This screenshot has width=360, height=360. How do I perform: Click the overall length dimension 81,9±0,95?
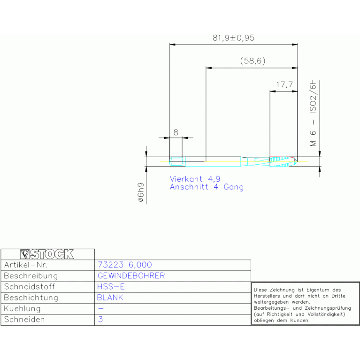point(233,38)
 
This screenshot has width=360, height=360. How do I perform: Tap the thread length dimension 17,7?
point(284,84)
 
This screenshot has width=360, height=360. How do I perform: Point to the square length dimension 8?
point(176,132)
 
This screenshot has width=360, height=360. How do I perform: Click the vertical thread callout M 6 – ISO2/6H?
point(313,113)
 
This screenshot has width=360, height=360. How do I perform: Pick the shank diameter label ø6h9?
point(141,192)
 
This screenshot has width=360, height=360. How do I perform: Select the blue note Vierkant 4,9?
point(195,179)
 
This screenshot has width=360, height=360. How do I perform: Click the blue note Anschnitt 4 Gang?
point(207,187)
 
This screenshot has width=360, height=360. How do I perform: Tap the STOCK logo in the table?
point(47,254)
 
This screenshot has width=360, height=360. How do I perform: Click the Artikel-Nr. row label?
point(26,265)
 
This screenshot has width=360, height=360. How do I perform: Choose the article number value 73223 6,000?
point(125,265)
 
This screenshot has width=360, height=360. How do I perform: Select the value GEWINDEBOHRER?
point(131,276)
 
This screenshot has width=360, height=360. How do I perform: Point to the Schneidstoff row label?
point(30,287)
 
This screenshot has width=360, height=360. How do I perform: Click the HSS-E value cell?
point(111,287)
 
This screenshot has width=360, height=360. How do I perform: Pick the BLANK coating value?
point(110,298)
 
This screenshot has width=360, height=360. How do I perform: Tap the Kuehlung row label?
point(22,308)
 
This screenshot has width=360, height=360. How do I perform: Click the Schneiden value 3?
point(100,319)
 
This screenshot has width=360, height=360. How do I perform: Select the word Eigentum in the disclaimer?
point(318,290)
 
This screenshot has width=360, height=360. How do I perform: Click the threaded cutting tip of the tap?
point(283,161)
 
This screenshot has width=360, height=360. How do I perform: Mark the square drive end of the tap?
point(177,161)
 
